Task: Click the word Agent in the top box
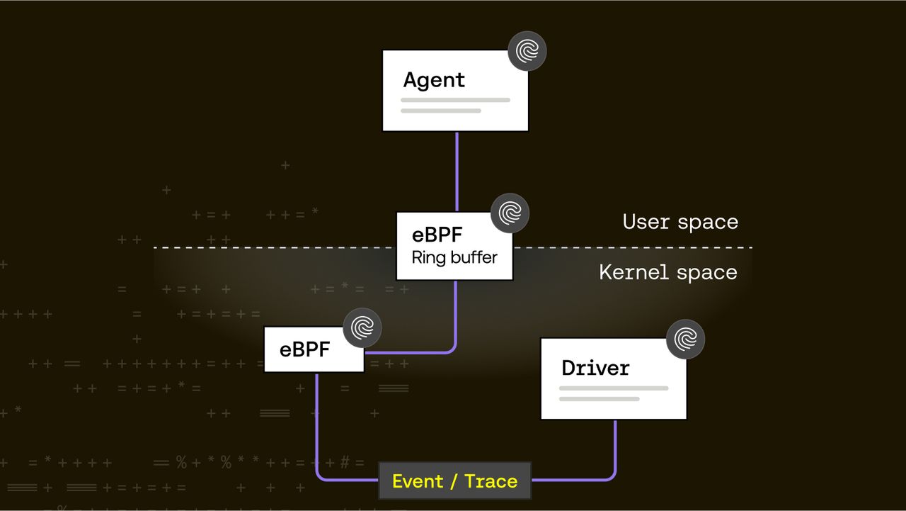click(x=434, y=80)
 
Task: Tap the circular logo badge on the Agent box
click(x=527, y=51)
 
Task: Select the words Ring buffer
click(x=454, y=257)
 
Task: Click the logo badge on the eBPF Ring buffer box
click(x=510, y=213)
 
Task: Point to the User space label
click(x=680, y=222)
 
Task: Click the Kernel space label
click(x=667, y=272)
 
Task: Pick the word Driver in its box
click(x=595, y=368)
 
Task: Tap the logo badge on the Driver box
click(x=685, y=339)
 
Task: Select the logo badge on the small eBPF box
click(x=362, y=327)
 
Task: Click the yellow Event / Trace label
click(x=454, y=481)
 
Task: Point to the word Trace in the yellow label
click(x=491, y=481)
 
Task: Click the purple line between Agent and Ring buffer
click(x=457, y=170)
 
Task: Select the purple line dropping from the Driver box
click(x=614, y=447)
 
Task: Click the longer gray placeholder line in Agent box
click(x=455, y=100)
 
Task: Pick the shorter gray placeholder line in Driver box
click(x=599, y=399)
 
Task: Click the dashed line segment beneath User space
click(x=637, y=247)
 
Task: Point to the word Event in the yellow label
click(x=418, y=481)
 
